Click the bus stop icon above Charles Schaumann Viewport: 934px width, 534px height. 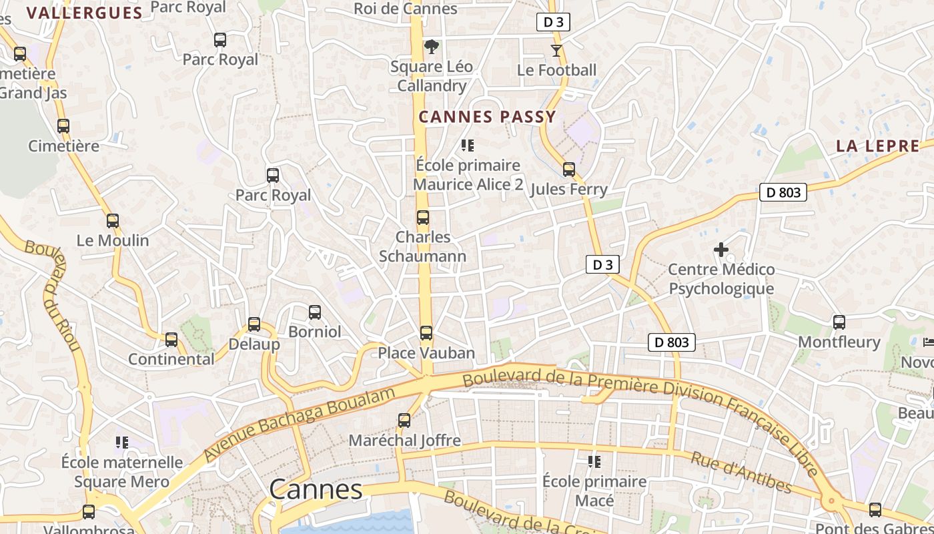pos(422,218)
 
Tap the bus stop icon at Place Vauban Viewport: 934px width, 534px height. pos(426,332)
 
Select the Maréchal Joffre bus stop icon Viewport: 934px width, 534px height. pos(404,421)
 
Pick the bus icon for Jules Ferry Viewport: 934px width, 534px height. pos(568,170)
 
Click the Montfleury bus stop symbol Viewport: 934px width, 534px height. pos(839,322)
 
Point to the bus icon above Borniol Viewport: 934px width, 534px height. pos(315,312)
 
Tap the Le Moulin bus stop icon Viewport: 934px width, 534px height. pos(113,221)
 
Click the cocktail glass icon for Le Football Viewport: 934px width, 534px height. pos(556,50)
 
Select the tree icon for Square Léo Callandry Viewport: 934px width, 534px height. pos(432,47)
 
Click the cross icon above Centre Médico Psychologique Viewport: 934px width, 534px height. pos(721,250)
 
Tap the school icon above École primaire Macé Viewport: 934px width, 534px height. pos(594,462)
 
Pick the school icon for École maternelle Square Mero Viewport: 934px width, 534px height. pos(122,442)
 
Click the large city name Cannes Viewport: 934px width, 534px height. pos(316,490)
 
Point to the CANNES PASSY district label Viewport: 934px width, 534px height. pos(487,117)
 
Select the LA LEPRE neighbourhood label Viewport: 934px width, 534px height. pos(877,146)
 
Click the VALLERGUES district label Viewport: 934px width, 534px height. pos(85,13)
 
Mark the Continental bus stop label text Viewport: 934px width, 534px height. pos(171,359)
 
